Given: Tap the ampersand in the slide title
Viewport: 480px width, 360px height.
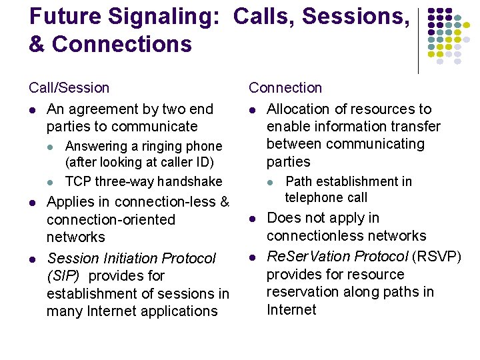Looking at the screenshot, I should tap(37, 45).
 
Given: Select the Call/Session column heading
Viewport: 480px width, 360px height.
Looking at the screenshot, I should tap(69, 88).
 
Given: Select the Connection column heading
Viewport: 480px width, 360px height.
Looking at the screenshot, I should tap(285, 88).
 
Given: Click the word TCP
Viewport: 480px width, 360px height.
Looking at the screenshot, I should tap(78, 181).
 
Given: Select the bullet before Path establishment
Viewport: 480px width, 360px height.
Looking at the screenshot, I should tap(270, 182).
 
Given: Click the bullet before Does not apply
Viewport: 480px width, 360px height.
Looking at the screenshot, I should tap(253, 219).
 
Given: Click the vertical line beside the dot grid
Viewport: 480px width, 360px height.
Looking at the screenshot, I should tap(418, 40).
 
